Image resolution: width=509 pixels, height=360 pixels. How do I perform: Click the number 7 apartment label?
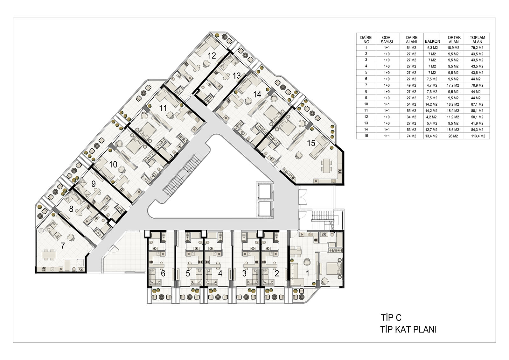63,246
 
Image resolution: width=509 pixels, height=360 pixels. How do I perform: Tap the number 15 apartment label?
311,143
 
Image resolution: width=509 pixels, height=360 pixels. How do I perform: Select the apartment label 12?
212,56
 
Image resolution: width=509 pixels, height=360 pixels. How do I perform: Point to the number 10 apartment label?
113,164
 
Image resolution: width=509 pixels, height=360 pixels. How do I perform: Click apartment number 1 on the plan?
307,273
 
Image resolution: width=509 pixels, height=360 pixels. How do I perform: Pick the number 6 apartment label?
163,273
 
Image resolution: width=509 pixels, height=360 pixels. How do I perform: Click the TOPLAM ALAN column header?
478,39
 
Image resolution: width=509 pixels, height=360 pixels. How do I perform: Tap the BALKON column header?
432,42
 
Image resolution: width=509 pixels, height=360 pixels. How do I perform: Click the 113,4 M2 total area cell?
478,136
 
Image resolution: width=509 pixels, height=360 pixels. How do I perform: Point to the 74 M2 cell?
411,136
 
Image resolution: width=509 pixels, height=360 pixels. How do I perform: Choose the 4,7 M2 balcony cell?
432,86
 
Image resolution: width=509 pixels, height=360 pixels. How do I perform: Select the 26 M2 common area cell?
453,136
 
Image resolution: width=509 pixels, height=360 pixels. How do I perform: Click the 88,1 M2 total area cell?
477,111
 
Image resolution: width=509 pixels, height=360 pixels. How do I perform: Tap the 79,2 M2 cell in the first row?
477,48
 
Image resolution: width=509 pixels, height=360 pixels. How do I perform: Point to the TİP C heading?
391,317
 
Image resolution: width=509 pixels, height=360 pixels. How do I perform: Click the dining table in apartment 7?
49,255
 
